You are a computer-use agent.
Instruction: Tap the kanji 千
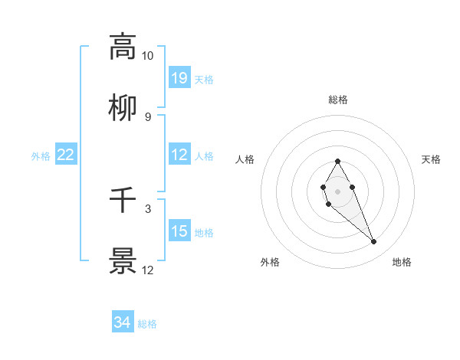(123, 200)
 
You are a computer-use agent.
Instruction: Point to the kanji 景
(123, 261)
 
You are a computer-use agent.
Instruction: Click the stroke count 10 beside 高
(147, 56)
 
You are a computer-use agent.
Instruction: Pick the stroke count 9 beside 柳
(147, 116)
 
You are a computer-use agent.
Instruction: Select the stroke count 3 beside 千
(147, 208)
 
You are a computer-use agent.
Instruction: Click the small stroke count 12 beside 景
(147, 270)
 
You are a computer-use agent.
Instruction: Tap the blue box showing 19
(179, 77)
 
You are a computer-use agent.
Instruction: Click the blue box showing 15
(179, 231)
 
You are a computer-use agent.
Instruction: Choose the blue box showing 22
(66, 155)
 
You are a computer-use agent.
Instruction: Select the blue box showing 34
(123, 322)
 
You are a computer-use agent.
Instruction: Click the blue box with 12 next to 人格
(179, 155)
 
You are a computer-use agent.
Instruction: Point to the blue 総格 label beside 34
(147, 324)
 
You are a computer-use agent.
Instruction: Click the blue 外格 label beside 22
(41, 156)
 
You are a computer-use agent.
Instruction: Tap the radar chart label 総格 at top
(337, 100)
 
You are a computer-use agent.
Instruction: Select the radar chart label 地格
(402, 262)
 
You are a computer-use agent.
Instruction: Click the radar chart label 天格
(431, 159)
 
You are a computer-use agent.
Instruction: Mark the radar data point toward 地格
(374, 242)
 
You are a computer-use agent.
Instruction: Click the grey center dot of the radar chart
(337, 190)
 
